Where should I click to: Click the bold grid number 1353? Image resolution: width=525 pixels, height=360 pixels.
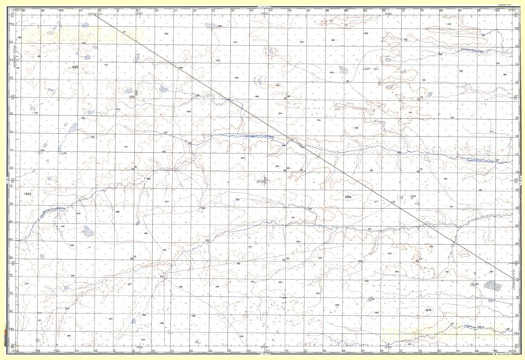(x=29, y=193)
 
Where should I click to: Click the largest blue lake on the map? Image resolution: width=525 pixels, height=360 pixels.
(x=493, y=285)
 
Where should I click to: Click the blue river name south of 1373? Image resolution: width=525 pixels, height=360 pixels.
(x=471, y=326)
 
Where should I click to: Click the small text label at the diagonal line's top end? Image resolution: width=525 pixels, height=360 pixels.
(x=94, y=13)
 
